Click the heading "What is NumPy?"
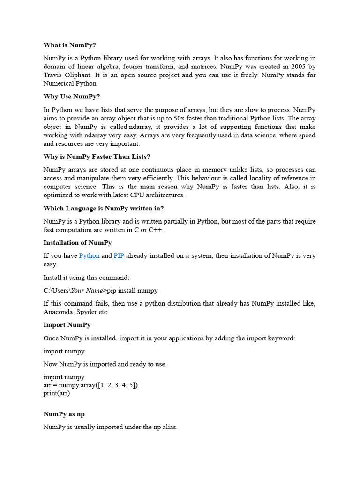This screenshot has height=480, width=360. point(69,45)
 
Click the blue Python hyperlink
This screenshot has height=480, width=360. point(89,256)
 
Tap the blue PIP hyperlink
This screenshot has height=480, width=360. point(119,256)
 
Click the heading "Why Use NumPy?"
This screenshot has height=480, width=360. point(71,97)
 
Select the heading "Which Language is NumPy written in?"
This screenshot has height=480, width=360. point(104,208)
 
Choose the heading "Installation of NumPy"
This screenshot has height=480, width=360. point(77,243)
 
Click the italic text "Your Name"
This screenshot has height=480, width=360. point(87,291)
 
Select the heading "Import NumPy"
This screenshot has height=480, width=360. point(67,325)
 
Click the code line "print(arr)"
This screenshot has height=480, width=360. point(57,393)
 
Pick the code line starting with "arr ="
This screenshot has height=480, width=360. point(90,385)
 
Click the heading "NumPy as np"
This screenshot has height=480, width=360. point(64,414)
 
